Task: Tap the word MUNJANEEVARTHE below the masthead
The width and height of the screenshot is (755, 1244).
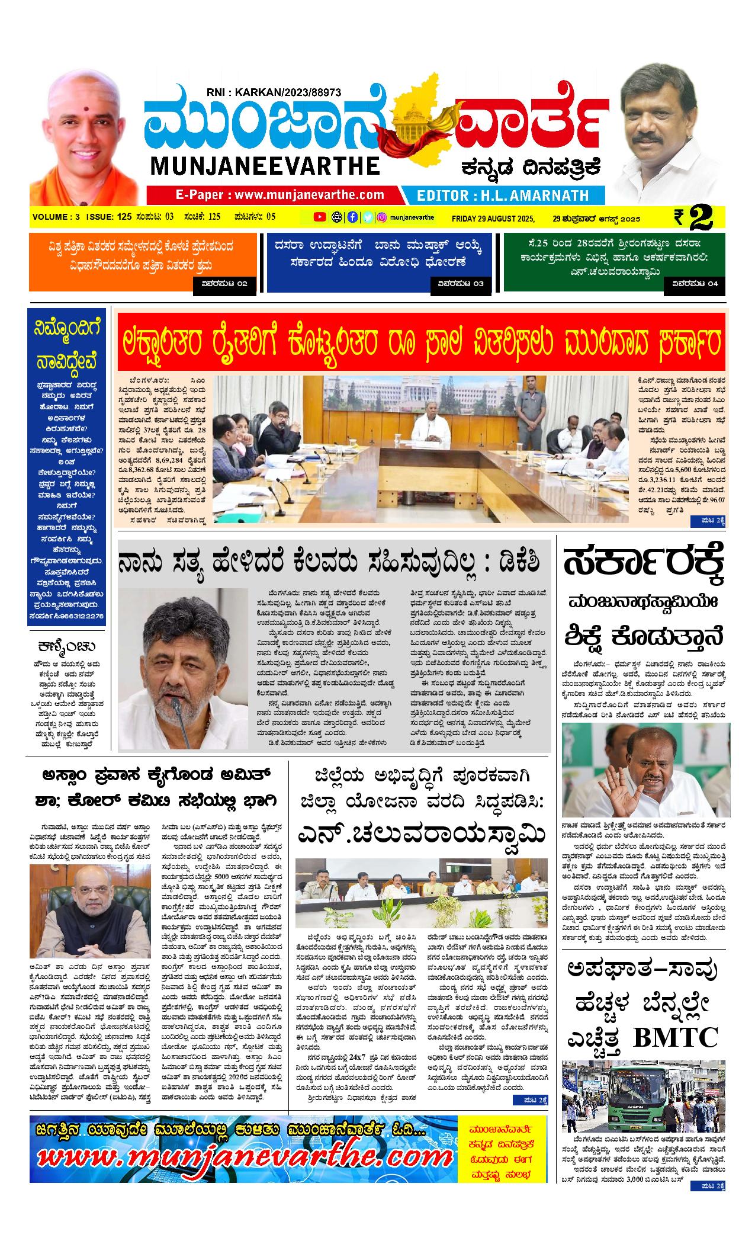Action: [x=265, y=166]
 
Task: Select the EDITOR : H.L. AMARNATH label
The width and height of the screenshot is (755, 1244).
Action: [x=503, y=195]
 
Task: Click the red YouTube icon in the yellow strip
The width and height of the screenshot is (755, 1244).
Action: [x=320, y=217]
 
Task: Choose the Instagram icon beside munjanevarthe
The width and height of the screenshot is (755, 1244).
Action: [x=383, y=217]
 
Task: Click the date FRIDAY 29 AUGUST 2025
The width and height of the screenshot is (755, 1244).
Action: [x=493, y=218]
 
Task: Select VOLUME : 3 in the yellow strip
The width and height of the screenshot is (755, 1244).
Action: [x=56, y=217]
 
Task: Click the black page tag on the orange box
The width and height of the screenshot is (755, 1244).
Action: [x=224, y=284]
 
